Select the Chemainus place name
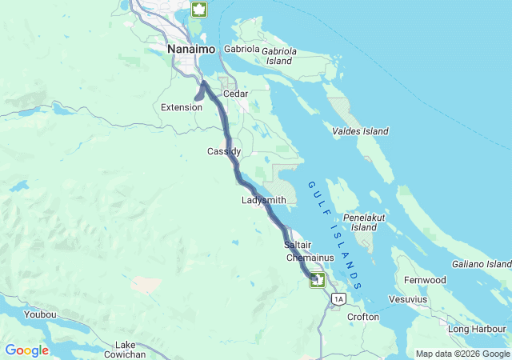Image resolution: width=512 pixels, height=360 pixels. coord(308,258)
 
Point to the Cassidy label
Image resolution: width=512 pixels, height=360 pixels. coord(224,151)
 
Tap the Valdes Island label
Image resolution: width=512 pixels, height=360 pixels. coord(360,131)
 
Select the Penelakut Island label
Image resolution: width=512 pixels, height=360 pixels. coord(364,222)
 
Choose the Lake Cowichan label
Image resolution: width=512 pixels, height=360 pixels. coord(125,349)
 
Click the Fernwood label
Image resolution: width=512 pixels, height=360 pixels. coord(425,280)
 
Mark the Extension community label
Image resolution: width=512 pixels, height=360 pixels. coord(182,107)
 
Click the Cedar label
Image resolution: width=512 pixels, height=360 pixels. coord(236,94)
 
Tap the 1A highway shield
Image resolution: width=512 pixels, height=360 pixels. coord(338,299)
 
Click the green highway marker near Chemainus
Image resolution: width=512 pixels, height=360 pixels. coord(318,279)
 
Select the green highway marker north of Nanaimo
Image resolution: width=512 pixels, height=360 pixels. coord(198,10)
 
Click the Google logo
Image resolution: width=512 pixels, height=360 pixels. coord(27,350)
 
